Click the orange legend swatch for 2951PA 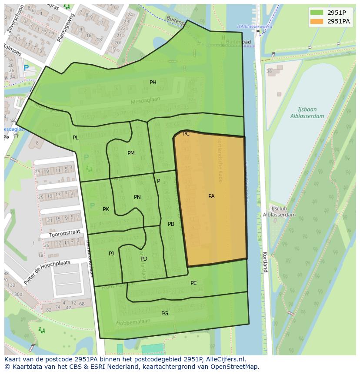click(x=317, y=21)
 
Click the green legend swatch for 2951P click(x=317, y=13)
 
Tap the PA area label click(x=211, y=196)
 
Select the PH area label click(x=153, y=83)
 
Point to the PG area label click(x=165, y=314)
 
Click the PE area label click(x=193, y=283)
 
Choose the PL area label click(x=76, y=138)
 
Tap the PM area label click(x=131, y=153)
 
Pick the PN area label click(x=137, y=197)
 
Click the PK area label click(x=106, y=209)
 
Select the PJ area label click(x=111, y=253)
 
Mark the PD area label click(x=144, y=259)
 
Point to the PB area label click(x=171, y=224)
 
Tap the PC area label click(x=186, y=134)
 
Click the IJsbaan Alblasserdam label click(x=307, y=113)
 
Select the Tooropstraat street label click(x=64, y=234)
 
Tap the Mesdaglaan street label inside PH click(x=146, y=101)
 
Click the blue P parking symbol click(x=26, y=68)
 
